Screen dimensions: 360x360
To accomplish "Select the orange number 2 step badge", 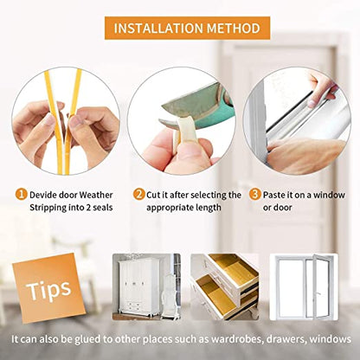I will click(139, 195).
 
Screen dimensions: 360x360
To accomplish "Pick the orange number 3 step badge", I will click(255, 195).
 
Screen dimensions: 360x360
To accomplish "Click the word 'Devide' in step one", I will click(48, 196).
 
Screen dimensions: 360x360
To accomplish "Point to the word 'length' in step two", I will click(217, 209).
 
